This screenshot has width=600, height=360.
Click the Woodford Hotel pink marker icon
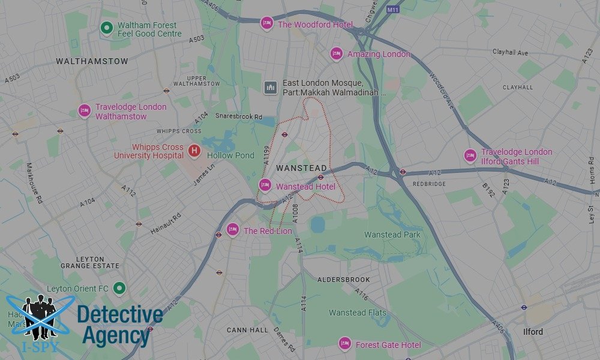[x=267, y=23]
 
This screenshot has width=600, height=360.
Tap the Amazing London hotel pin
[x=337, y=54]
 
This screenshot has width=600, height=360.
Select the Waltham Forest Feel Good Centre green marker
[x=107, y=28]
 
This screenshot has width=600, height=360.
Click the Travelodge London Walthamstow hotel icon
[x=85, y=111]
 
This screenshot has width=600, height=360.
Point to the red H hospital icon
[x=194, y=151]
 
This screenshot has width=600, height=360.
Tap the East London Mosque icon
[x=271, y=88]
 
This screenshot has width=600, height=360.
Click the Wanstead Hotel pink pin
[x=265, y=185]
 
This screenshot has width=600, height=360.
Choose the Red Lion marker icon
[x=233, y=229]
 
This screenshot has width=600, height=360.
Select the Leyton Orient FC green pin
[x=119, y=289]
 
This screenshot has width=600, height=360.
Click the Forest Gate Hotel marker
[x=344, y=343]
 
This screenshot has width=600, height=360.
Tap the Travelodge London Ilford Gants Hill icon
[x=470, y=155]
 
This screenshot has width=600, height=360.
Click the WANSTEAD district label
[x=301, y=168]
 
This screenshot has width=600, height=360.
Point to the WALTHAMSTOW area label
[x=92, y=61]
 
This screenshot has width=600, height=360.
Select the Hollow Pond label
[x=230, y=155]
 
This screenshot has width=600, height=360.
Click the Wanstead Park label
[x=392, y=235]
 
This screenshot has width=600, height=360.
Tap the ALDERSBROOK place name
[x=344, y=280]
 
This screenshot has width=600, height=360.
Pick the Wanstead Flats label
[x=358, y=313]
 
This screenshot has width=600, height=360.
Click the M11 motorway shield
[x=393, y=10]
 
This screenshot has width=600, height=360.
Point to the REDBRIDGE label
[x=429, y=184]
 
